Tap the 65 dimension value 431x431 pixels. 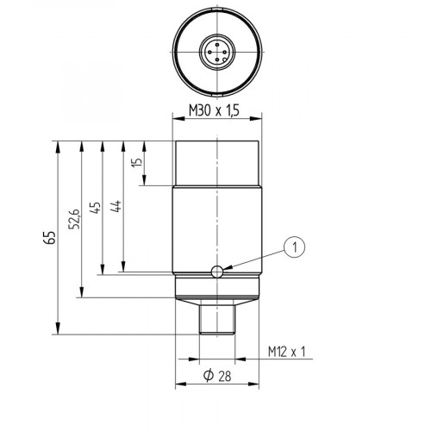tap(49, 237)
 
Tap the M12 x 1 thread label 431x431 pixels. tap(286, 352)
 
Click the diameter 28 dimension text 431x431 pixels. tap(218, 377)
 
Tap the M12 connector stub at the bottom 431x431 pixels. tap(217, 318)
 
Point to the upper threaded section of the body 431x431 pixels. tap(217, 164)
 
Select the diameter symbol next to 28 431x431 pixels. tap(208, 377)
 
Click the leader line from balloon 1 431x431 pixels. tap(254, 260)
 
